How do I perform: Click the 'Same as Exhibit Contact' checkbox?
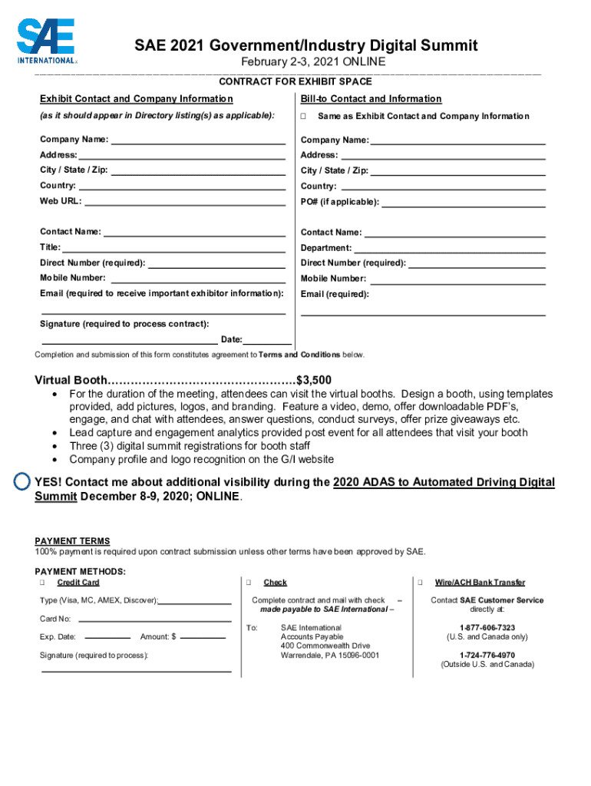coord(303,117)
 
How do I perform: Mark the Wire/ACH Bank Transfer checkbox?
coord(419,583)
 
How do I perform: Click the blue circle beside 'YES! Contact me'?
coord(24,481)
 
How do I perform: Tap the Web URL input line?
coord(185,202)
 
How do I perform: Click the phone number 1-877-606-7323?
coord(487,627)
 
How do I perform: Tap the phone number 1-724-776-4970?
coord(487,655)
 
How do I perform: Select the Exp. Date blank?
coord(107,636)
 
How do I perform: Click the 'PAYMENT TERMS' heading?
coord(72,541)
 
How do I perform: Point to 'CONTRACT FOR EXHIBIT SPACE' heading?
coord(295,81)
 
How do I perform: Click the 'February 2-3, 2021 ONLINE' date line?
coord(313,62)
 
